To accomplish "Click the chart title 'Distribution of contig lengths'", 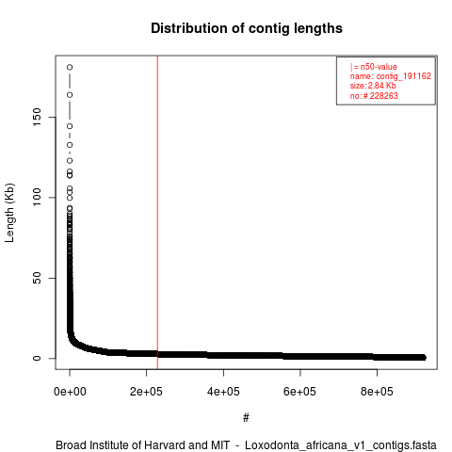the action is (x=247, y=28).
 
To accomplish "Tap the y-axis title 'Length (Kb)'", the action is (x=9, y=213).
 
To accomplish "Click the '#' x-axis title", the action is (x=246, y=418).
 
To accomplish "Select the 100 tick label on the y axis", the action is (x=37, y=198).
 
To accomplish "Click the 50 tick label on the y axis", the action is (x=37, y=278).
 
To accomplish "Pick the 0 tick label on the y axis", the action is (x=37, y=358).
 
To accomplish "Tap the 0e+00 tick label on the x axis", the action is (x=70, y=392).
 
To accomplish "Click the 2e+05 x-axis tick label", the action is (x=146, y=392).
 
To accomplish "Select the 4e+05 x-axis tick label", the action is (x=223, y=392).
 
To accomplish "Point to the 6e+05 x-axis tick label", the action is (x=300, y=392).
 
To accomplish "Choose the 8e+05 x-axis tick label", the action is (x=377, y=392).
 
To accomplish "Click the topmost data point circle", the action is (x=70, y=67).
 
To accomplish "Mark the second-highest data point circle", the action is (x=70, y=95).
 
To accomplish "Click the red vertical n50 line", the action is (x=157, y=213).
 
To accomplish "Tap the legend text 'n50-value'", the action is (x=379, y=67).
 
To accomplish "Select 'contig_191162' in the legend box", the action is (x=404, y=76).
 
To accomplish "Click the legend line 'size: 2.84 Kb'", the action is (x=373, y=86).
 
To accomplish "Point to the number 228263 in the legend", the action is (x=383, y=96).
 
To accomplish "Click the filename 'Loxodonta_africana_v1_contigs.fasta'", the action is (x=341, y=445).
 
